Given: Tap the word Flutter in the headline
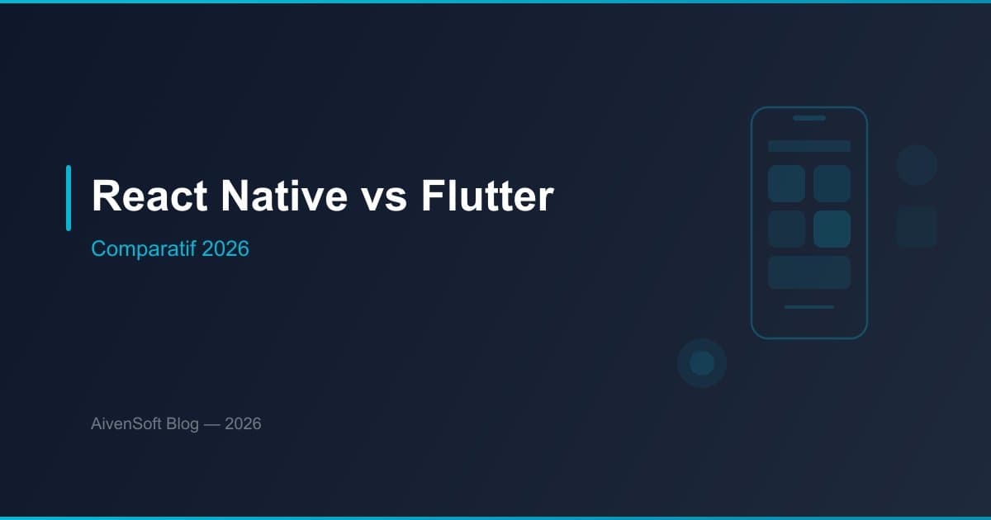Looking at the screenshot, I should tap(486, 196).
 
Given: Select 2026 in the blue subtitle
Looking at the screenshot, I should tap(225, 248).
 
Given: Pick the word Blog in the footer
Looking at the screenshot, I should tap(182, 424).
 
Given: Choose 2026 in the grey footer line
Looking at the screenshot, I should tap(243, 424).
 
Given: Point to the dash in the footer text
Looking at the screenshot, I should tap(211, 424).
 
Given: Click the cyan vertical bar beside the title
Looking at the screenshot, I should tap(69, 197).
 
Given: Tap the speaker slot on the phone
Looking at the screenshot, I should tap(809, 118).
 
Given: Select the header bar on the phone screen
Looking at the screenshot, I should tap(809, 146).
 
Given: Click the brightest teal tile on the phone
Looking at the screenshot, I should tap(832, 229).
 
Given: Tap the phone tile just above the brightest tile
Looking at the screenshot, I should tap(832, 183).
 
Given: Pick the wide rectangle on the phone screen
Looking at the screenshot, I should tap(809, 272).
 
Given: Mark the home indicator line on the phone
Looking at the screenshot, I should tap(809, 307).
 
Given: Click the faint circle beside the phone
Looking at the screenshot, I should tap(917, 165).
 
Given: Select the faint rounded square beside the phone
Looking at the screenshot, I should tap(917, 227).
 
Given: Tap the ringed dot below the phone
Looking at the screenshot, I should tap(702, 363).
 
